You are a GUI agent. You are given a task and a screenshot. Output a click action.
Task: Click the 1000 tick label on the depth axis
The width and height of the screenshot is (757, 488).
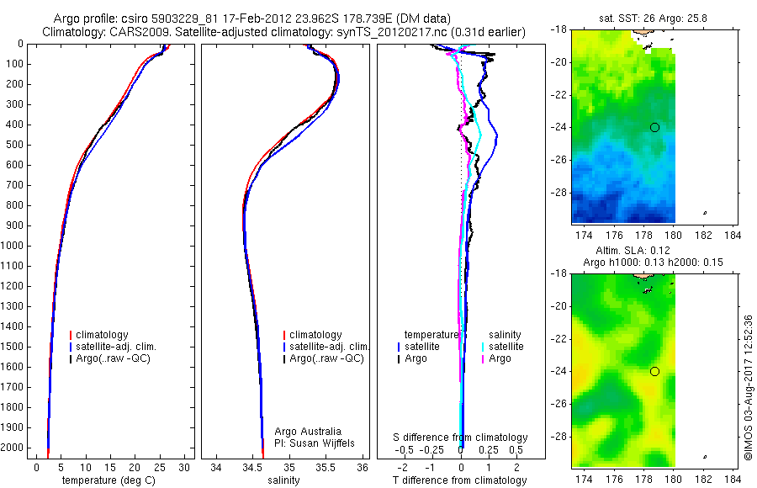(x=14, y=246)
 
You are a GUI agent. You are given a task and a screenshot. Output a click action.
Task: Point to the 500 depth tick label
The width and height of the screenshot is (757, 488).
(x=17, y=145)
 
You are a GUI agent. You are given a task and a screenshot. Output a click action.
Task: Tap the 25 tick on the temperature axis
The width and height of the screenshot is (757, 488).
(x=159, y=467)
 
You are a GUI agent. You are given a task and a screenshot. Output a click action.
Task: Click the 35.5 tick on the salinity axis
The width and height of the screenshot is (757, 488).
(x=326, y=467)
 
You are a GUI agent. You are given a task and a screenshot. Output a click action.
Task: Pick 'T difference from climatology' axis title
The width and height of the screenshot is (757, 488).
(x=459, y=480)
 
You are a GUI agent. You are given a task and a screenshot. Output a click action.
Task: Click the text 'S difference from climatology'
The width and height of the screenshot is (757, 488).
(x=460, y=438)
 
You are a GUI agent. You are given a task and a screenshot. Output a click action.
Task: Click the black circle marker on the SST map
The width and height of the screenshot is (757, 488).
(x=654, y=127)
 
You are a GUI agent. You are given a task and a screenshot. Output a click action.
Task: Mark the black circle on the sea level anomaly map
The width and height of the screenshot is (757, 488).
(x=654, y=371)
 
